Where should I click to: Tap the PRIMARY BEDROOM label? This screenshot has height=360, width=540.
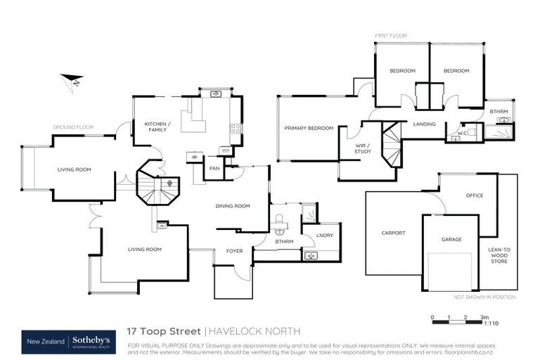tap(309, 129)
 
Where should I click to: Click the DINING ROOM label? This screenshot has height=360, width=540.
tap(233, 206)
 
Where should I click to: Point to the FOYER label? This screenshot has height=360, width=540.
tap(234, 251)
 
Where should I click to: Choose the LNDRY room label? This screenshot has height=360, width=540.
tap(324, 235)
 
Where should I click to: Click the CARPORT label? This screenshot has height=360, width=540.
tap(394, 233)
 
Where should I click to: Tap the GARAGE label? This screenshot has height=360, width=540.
tap(451, 240)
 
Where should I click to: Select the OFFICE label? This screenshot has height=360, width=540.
tap(475, 195)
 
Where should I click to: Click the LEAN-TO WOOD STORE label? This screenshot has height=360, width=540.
tap(499, 256)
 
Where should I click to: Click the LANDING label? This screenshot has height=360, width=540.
tap(425, 124)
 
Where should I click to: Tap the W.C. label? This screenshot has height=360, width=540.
tap(463, 132)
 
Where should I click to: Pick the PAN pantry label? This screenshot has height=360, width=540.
tap(214, 168)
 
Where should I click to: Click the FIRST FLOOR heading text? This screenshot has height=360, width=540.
tap(390, 35)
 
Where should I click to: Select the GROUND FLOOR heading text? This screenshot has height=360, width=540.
tap(73, 127)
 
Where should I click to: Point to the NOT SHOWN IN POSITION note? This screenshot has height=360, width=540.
tap(484, 297)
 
